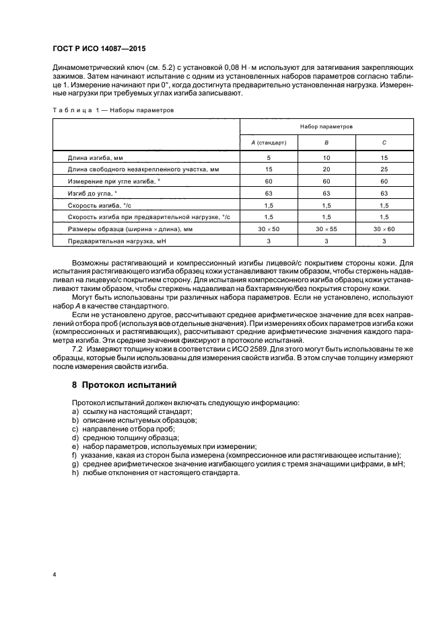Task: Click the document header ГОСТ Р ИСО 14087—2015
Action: [x=98, y=49]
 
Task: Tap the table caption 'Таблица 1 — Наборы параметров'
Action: [x=113, y=109]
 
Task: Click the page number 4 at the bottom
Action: [x=54, y=575]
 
